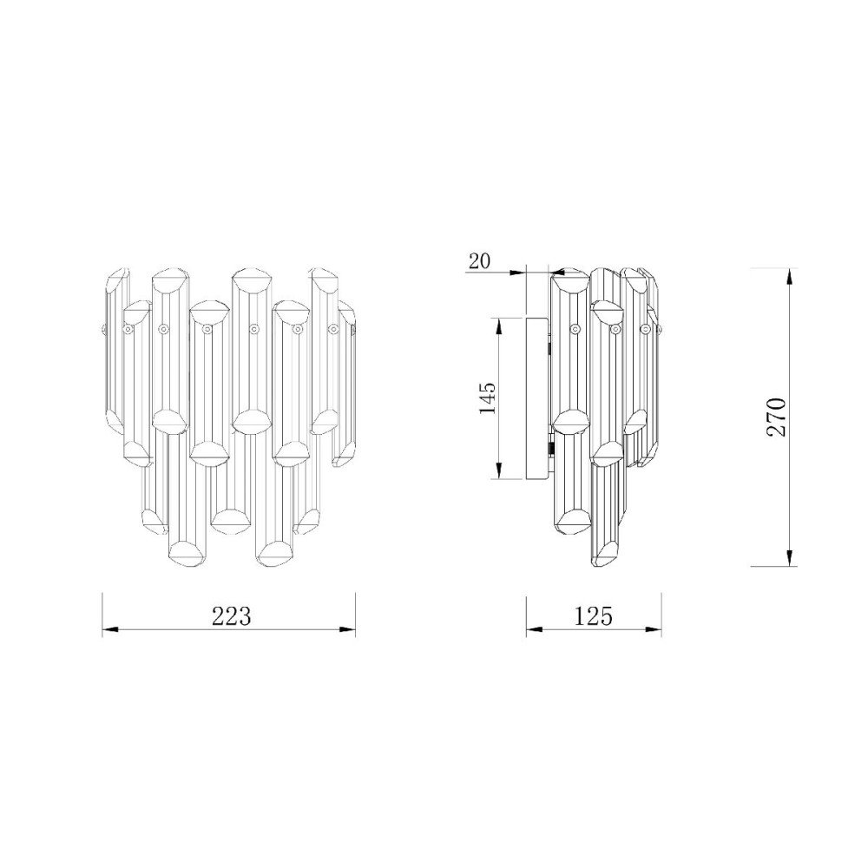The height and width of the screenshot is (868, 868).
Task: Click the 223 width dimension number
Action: [232, 616]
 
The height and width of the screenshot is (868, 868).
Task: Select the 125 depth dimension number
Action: [593, 616]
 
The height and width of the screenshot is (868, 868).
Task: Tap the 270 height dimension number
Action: [776, 417]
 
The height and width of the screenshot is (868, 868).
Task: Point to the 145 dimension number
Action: [488, 398]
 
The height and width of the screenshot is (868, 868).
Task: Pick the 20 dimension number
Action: [479, 260]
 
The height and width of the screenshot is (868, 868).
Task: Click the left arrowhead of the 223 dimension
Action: [110, 629]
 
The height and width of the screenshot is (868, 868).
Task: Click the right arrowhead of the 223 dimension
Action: [347, 629]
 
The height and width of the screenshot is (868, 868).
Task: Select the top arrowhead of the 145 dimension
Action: [499, 326]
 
